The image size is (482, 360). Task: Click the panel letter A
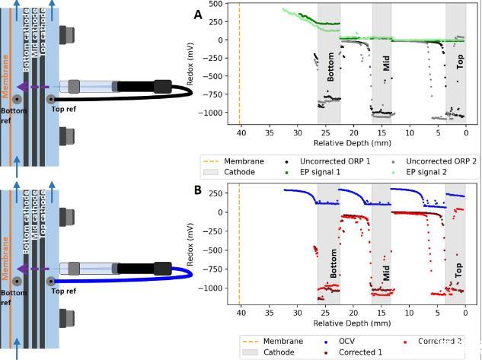click(x=198, y=14)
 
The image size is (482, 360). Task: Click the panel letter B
click(x=198, y=191)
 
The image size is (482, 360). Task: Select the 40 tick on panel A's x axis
click(x=239, y=132)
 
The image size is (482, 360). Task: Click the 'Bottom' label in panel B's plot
click(x=334, y=262)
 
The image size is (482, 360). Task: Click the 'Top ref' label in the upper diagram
click(x=62, y=110)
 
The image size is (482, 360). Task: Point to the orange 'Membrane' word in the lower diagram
click(x=5, y=259)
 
